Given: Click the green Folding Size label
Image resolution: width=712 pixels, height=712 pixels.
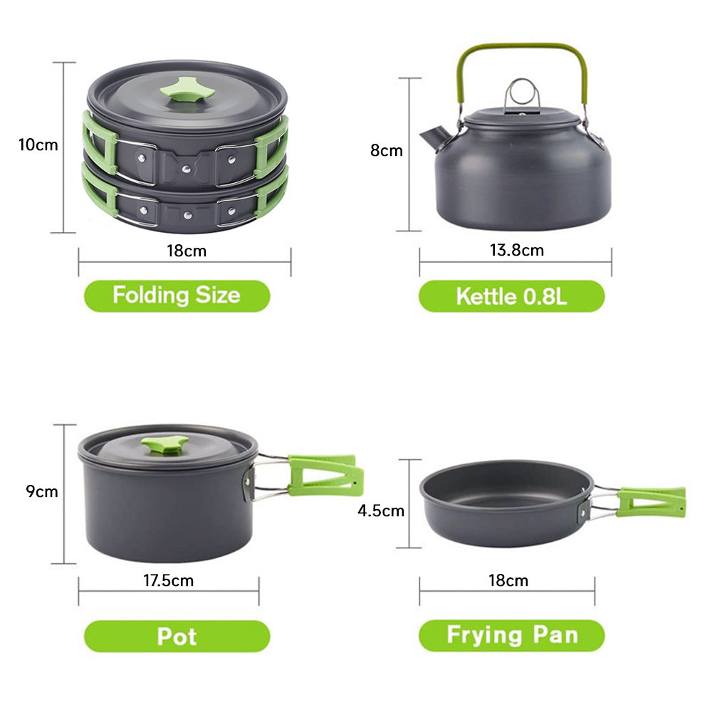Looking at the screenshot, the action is pos(177,295).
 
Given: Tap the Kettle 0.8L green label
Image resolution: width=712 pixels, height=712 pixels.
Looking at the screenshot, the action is pos(512,296).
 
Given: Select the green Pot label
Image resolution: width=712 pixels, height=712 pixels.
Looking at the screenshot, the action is pos(177,636).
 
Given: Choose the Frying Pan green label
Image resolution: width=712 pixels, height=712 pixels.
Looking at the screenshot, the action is pos(512,635).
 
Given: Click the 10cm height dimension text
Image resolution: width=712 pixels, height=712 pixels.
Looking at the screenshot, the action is pos(38,145).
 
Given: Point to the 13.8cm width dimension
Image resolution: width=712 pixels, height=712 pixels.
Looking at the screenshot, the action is pos(516,250).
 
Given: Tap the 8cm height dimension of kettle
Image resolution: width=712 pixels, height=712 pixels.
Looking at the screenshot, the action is pos(387,150).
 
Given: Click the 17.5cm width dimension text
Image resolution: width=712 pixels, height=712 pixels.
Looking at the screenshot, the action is pos(169,580).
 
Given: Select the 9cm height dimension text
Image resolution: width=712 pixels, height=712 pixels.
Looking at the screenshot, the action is pos(42,491).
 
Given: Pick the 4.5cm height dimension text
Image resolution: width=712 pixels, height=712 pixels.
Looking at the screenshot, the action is pos(380,511).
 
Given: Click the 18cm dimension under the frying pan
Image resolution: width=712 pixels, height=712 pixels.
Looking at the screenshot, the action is pos(508,580).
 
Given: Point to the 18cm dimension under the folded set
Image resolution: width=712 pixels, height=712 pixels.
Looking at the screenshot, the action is pos(187,251).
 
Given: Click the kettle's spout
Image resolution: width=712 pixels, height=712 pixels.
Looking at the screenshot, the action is pos(434,137).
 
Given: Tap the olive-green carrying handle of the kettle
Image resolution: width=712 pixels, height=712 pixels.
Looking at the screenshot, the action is pos(522,47).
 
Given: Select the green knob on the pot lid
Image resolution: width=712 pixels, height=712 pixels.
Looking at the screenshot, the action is pos(165,444).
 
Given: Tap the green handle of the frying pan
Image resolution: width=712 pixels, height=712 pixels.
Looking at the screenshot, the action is pos(651,502).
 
